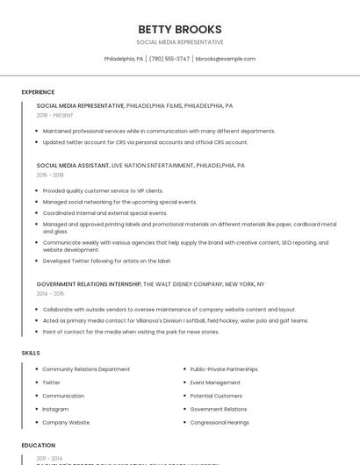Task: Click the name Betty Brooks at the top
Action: coord(180,29)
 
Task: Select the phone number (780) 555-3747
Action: coord(169,59)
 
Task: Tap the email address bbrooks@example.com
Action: coord(226,59)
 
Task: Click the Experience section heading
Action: coord(38,92)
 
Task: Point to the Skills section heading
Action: coord(31,353)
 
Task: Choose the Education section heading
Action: coord(39,445)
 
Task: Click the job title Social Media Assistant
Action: coord(73,165)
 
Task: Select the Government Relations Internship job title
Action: coord(89,284)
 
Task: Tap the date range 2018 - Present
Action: coord(54,115)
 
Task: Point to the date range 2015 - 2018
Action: coord(50,175)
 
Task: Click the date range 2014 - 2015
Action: coord(50,294)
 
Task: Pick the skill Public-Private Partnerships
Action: coord(224,369)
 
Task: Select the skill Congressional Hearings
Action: coord(220,422)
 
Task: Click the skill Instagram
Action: coord(55,409)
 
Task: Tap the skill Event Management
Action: coord(215,383)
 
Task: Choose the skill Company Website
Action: coord(66,422)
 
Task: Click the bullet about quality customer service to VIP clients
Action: coord(103,190)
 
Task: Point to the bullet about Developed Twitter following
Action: coord(106,261)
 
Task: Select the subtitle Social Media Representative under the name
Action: coord(180,42)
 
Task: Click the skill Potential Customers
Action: coord(216,396)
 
